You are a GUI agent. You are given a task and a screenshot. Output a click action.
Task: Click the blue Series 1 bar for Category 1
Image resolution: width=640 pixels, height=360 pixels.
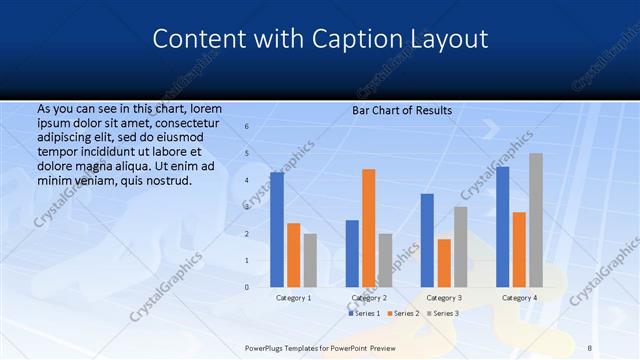click(x=277, y=230)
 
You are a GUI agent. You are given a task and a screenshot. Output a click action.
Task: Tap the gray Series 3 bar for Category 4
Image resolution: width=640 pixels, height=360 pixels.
click(x=536, y=220)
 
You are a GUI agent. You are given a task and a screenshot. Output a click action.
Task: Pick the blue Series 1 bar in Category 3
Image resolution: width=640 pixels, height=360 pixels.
click(x=427, y=240)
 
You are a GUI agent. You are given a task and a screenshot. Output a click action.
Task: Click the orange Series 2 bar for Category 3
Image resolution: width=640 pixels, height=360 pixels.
click(x=444, y=263)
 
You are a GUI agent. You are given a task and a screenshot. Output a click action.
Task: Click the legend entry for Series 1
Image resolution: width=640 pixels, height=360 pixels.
click(x=364, y=314)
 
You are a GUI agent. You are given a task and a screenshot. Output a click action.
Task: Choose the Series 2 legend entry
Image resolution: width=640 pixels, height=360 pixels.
click(x=402, y=314)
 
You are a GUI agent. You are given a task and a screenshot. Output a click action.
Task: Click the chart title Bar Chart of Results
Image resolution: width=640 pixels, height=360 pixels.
click(x=402, y=110)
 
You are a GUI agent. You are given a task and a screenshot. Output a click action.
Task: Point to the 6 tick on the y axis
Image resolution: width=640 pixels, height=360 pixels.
click(x=247, y=127)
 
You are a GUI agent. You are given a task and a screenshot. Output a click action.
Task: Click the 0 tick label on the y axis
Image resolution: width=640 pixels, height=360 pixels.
click(x=247, y=287)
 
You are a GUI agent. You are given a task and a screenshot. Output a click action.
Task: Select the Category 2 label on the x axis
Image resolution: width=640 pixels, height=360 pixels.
click(x=369, y=298)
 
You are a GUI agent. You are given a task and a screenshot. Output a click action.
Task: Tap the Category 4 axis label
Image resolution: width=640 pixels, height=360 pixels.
click(x=519, y=298)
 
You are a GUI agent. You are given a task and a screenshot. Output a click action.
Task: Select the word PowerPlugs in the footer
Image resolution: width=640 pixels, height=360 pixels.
click(x=268, y=348)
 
